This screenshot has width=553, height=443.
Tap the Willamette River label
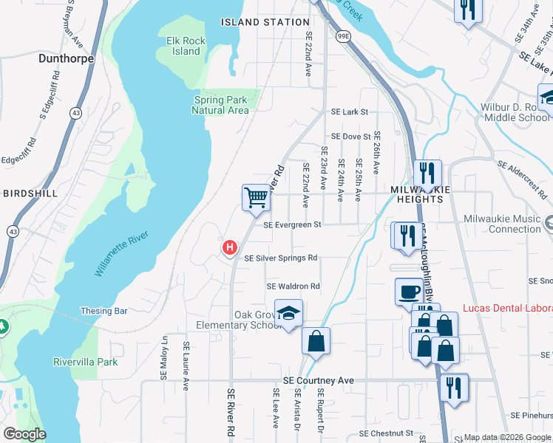click(122, 253)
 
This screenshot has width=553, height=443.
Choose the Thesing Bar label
click(104, 311)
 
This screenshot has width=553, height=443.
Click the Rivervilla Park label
click(85, 363)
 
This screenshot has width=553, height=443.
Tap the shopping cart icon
click(255, 197)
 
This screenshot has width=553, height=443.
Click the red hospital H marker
click(230, 247)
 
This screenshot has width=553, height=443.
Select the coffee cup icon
click(408, 291)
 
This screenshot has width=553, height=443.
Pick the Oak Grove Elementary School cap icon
click(289, 312)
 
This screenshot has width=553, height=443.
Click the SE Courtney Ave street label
click(319, 380)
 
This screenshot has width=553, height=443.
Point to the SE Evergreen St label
click(292, 224)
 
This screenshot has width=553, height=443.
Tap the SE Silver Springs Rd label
click(281, 258)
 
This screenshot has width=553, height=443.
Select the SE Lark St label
click(350, 112)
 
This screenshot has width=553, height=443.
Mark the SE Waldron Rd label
click(293, 286)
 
